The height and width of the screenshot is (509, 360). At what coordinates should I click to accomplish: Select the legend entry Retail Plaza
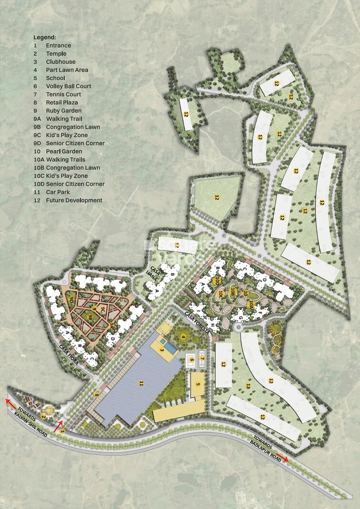tap(62, 102)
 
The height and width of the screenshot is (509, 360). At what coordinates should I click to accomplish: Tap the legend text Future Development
tap(74, 200)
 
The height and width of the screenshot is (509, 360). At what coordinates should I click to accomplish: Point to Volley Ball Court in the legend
tap(68, 86)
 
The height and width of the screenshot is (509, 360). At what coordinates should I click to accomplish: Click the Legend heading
tap(44, 37)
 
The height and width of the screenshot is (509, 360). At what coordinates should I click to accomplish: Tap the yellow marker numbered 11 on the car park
tap(141, 383)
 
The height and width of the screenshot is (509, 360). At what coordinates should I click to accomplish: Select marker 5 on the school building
tap(197, 384)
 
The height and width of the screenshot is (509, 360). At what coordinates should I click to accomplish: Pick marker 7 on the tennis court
tap(202, 358)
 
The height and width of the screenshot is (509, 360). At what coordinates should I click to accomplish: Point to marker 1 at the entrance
tap(62, 431)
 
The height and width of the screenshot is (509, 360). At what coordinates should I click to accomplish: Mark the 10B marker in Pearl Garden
tap(233, 290)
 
